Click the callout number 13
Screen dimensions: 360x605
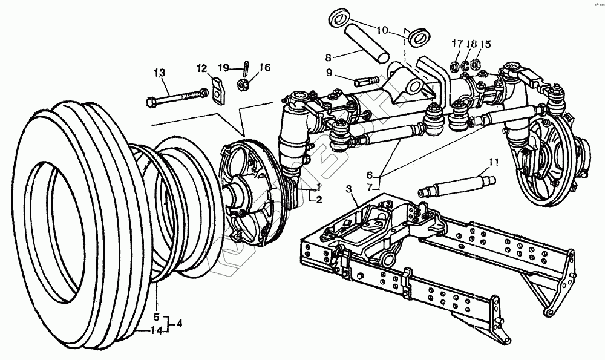coord(159,74)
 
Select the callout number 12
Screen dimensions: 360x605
coord(201,67)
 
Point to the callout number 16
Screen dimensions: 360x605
coord(247,67)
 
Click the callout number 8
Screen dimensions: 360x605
coord(329,58)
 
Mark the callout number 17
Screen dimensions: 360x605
coord(456,44)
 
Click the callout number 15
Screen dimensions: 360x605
coord(486,44)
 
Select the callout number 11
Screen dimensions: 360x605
coord(494,162)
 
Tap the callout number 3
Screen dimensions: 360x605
coord(348,190)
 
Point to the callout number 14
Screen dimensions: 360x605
coord(156,330)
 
